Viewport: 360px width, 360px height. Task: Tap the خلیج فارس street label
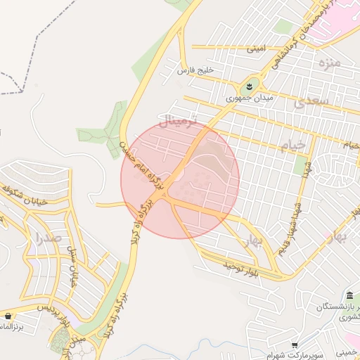[195, 71]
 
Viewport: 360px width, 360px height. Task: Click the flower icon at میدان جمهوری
[248, 86]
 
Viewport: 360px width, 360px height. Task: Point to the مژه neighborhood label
[328, 64]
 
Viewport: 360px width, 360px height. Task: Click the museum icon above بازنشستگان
[349, 295]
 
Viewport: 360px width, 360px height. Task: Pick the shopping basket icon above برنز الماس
[8, 316]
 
